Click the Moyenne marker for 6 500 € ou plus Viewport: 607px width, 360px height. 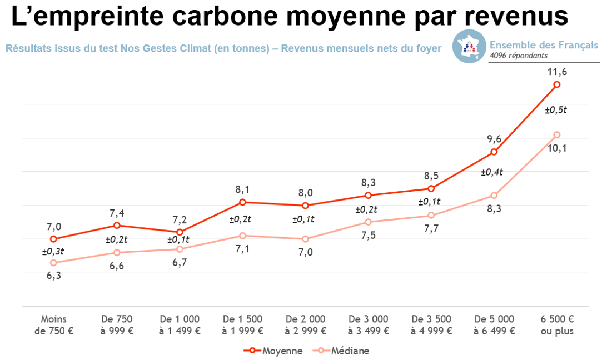tap(556, 84)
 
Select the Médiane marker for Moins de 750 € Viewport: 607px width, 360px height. tap(53, 263)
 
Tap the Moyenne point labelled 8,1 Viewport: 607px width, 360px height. tap(242, 202)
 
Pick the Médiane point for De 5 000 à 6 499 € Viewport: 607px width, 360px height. tap(494, 196)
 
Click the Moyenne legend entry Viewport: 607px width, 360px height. tap(273, 351)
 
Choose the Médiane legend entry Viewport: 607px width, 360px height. tap(341, 351)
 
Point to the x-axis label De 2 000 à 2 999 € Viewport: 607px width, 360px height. tap(305, 325)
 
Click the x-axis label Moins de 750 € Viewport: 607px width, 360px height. tap(53, 325)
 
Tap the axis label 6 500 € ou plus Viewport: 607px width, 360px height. tap(556, 325)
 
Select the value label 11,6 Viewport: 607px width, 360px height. tap(556, 72)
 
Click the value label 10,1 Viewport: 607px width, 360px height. tap(556, 148)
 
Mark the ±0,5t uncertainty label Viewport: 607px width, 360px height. tap(556, 110)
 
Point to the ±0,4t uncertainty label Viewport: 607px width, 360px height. tap(492, 172)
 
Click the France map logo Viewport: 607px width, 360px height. tap(469, 46)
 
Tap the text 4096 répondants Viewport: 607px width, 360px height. tap(519, 56)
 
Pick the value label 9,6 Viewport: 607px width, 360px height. tap(492, 139)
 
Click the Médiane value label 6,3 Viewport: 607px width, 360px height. tap(53, 276)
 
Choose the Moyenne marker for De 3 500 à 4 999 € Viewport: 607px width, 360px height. tap(431, 189)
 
